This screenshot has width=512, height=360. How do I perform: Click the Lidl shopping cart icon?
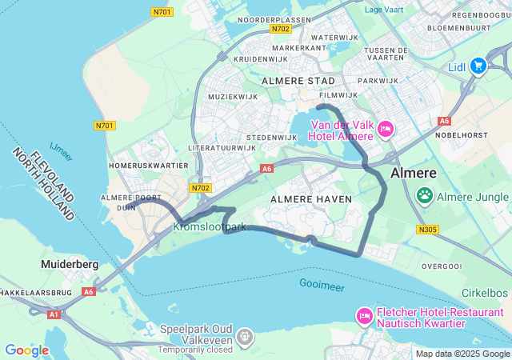click(478, 66)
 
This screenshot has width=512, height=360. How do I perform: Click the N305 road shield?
click(428, 230)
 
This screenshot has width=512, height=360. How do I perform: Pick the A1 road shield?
click(53, 315)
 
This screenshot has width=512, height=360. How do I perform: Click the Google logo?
click(26, 350)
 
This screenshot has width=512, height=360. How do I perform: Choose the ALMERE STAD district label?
click(298, 81)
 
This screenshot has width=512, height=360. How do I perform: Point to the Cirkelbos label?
click(483, 294)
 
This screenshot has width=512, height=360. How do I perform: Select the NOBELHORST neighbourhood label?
click(462, 136)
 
